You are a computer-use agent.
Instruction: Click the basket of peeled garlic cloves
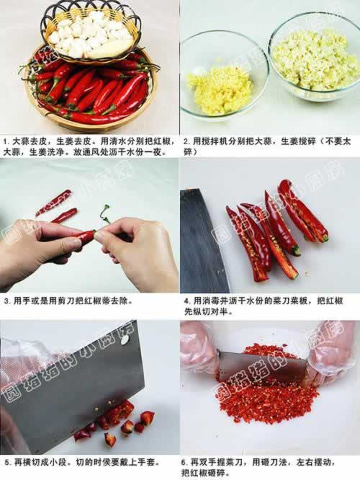[x=91, y=33]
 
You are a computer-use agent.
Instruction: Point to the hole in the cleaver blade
[x=125, y=339]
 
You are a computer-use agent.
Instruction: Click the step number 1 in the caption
[x=6, y=142]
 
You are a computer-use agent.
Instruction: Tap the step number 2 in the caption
[x=186, y=142]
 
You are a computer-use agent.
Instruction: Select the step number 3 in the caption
[x=7, y=301]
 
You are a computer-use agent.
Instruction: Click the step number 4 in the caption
[x=187, y=301]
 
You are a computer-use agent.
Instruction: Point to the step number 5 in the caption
[x=7, y=462]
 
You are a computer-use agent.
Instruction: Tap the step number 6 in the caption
[x=184, y=462]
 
